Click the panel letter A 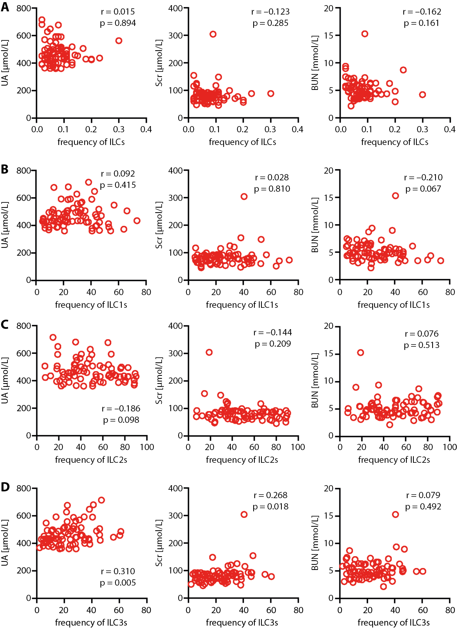5,7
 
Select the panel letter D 5,487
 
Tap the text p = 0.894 118,23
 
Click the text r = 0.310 118,571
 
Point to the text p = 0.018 271,507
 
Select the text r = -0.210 423,177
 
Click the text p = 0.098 121,420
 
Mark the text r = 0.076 422,334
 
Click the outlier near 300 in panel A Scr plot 213,34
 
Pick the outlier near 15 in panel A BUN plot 365,34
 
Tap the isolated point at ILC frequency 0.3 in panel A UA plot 119,41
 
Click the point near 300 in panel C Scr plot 209,352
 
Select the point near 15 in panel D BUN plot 395,515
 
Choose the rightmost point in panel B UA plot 137,221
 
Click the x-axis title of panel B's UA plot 91,305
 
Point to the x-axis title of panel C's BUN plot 394,460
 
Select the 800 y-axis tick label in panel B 23,171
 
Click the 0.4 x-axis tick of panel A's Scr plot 297,129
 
